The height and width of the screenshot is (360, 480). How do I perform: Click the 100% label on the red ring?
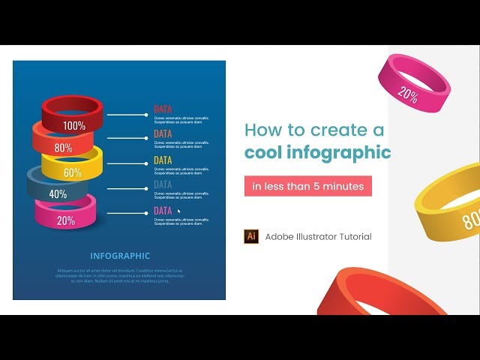(74, 126)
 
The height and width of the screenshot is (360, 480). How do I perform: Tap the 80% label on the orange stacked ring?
(63, 148)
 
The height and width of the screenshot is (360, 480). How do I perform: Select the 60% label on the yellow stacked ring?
(72, 172)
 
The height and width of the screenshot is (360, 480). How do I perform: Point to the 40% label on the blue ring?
(58, 193)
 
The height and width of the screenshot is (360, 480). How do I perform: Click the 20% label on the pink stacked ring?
(65, 220)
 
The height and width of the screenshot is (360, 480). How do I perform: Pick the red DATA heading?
(163, 109)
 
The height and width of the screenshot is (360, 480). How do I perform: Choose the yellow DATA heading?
(163, 160)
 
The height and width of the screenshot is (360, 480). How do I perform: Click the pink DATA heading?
(163, 211)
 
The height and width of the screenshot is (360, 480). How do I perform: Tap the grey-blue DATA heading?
(163, 184)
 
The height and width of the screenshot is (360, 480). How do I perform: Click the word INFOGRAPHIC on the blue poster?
(120, 256)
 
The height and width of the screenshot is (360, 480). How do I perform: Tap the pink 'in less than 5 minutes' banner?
(308, 186)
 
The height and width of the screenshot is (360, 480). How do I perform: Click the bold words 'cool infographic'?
(318, 153)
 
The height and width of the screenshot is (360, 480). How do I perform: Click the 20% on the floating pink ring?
(409, 94)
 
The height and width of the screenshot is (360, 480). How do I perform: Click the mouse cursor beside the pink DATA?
(178, 211)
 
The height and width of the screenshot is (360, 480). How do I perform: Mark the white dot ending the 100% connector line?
(145, 115)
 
